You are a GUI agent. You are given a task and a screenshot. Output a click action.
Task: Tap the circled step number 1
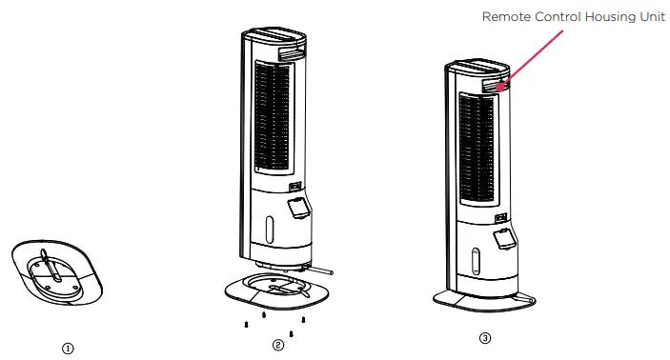(x=68, y=348)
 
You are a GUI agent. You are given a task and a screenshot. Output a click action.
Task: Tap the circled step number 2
(x=277, y=345)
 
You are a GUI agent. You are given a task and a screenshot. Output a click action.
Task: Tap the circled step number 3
(x=485, y=338)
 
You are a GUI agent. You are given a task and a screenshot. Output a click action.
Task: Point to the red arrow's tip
(x=497, y=88)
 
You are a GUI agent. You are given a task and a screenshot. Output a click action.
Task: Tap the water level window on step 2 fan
(x=269, y=229)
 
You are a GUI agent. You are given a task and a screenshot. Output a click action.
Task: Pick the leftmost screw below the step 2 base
(x=247, y=324)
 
